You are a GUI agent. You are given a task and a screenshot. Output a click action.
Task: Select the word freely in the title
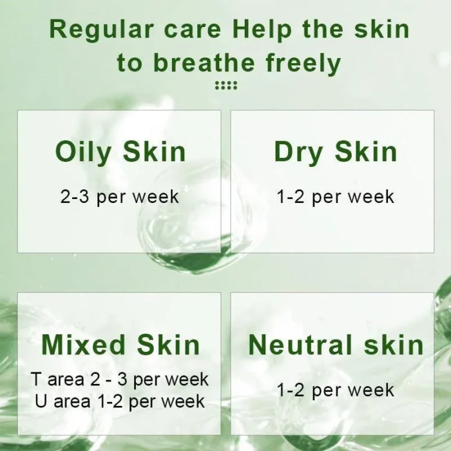pyautogui.click(x=303, y=63)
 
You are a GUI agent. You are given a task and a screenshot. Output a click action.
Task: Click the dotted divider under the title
pyautogui.click(x=225, y=86)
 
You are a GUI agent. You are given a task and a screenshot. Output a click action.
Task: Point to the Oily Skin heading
pyautogui.click(x=120, y=152)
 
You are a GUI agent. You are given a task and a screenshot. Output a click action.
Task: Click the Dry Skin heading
pyautogui.click(x=335, y=152)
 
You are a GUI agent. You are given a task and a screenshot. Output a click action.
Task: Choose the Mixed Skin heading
pyautogui.click(x=120, y=345)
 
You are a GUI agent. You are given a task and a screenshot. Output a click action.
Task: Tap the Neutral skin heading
pyautogui.click(x=336, y=345)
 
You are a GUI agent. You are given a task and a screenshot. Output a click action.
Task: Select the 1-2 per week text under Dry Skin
pyautogui.click(x=335, y=197)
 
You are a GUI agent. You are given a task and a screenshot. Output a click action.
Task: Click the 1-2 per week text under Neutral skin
pyautogui.click(x=335, y=390)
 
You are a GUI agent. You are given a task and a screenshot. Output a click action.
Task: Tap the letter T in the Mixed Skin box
pyautogui.click(x=36, y=379)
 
